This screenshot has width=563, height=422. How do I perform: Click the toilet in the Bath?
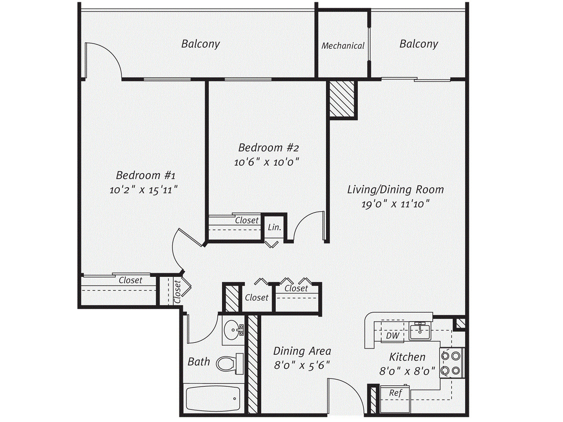230,364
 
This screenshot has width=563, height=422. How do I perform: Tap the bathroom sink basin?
232,329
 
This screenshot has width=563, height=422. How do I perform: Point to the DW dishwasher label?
393,335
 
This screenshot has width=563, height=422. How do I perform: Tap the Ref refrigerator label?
395,393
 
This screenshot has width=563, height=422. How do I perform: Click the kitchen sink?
421,331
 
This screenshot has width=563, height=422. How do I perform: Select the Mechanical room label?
343,46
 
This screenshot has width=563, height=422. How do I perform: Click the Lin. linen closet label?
274,227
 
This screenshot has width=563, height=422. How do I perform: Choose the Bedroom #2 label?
268,148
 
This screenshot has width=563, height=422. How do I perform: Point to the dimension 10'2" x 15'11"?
143,190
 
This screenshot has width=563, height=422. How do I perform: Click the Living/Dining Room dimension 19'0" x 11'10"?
395,204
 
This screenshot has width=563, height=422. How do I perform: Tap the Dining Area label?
302,351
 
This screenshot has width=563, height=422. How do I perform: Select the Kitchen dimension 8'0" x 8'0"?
407,371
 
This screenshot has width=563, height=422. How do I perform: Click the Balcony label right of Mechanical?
419,44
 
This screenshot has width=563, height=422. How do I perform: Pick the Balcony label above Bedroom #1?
201,44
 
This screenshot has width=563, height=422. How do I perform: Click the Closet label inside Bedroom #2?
247,220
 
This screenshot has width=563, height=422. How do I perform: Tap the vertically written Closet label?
177,292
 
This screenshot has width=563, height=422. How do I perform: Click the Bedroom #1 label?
146,175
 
